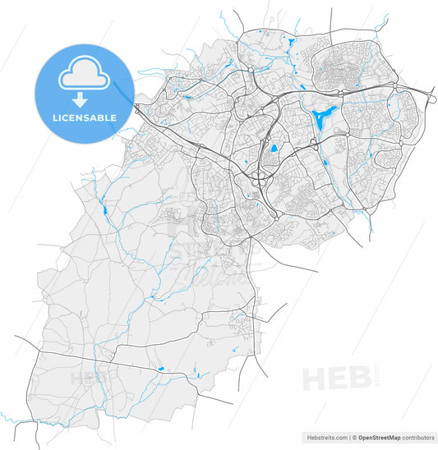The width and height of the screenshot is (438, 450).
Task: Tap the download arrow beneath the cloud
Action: point(80,101)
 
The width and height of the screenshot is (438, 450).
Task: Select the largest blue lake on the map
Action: point(323,116)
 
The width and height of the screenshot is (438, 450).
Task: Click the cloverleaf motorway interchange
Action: point(262,176)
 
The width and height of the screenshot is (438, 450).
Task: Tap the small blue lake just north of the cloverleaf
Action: point(272,150)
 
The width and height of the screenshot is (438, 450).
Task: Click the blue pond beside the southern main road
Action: point(161,369)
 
